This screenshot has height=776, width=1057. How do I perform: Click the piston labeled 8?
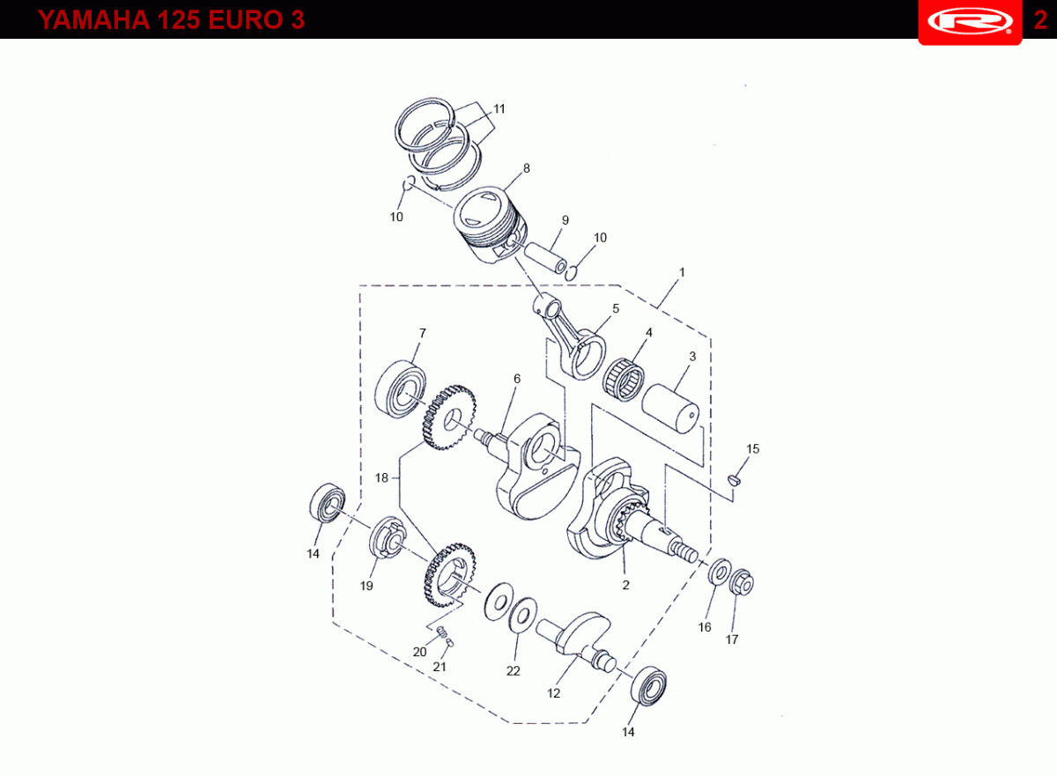(490, 224)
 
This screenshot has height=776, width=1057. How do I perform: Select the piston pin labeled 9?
(545, 258)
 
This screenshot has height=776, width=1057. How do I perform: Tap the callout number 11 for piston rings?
(499, 109)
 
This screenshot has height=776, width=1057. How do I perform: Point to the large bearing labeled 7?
(400, 388)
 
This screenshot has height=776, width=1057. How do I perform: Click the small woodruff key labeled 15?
(734, 480)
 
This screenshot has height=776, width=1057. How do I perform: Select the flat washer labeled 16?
(719, 572)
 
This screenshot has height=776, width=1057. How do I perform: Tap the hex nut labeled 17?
(742, 582)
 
